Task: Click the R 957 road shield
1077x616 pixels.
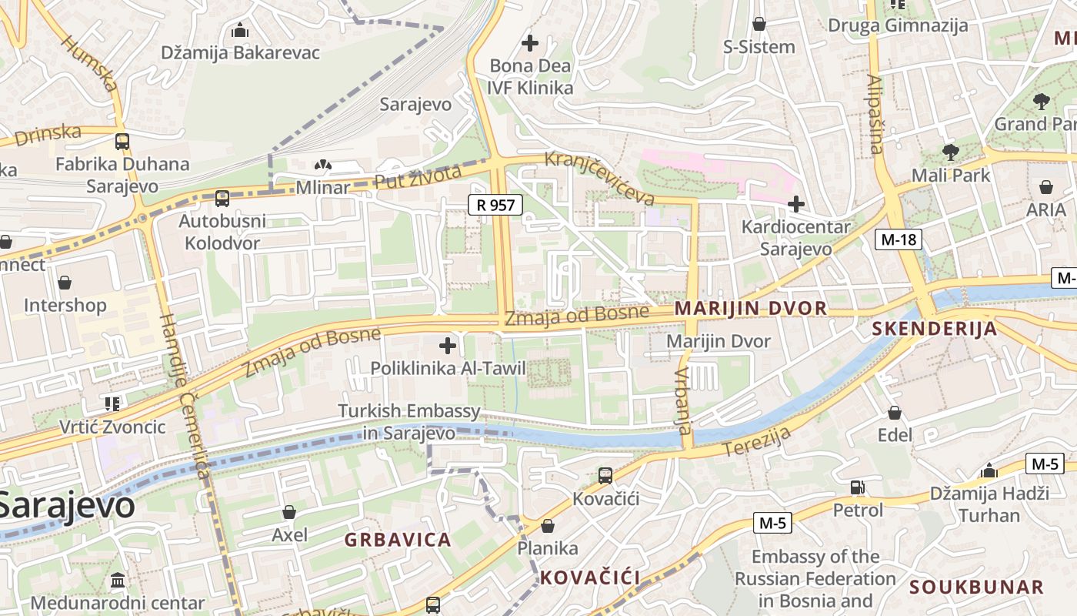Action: pyautogui.click(x=495, y=205)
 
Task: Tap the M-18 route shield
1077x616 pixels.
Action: pyautogui.click(x=899, y=239)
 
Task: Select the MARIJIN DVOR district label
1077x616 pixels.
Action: pyautogui.click(x=750, y=309)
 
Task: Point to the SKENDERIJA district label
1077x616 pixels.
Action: pyautogui.click(x=934, y=330)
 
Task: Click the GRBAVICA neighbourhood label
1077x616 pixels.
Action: pyautogui.click(x=398, y=540)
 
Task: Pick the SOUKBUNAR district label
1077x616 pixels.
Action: pyautogui.click(x=976, y=588)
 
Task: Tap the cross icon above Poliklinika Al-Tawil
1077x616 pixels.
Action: pyautogui.click(x=447, y=346)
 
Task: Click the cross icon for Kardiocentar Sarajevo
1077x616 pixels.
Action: pyautogui.click(x=796, y=204)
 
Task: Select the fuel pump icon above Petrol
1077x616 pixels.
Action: pyautogui.click(x=857, y=487)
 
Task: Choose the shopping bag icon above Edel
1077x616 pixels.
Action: pyautogui.click(x=895, y=413)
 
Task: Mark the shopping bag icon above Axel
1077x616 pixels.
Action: pyautogui.click(x=289, y=512)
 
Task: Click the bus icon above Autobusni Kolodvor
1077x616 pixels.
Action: pyautogui.click(x=222, y=199)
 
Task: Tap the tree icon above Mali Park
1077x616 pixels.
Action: pyautogui.click(x=950, y=152)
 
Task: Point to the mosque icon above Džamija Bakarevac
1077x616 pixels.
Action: pyautogui.click(x=240, y=31)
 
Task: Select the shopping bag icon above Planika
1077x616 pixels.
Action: pyautogui.click(x=548, y=526)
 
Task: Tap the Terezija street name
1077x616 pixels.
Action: pyautogui.click(x=757, y=442)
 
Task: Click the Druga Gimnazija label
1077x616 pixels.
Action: pyautogui.click(x=898, y=25)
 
